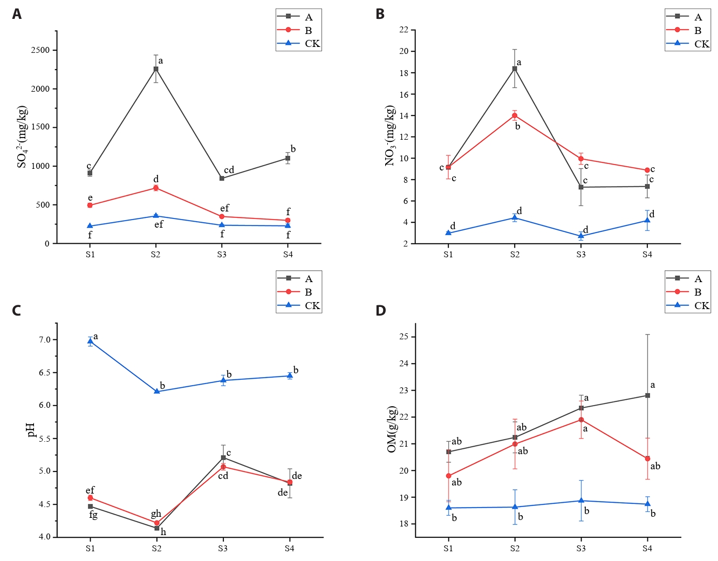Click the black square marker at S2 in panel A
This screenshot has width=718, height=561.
coord(156,69)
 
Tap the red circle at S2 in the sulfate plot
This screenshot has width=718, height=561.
coord(156,188)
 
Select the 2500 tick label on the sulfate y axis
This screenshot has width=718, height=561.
coord(40,50)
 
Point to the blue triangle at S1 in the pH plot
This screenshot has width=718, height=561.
coord(90,341)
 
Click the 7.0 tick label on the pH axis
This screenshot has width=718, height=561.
coord(45,340)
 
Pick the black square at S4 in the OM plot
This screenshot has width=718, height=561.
coord(647,395)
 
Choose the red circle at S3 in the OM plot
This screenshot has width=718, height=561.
coord(581,420)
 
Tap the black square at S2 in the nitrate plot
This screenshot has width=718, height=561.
coord(515,69)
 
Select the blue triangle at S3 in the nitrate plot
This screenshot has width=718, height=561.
coord(581,236)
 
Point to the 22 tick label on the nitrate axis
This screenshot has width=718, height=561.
coord(404,30)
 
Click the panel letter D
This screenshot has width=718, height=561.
coord(381,311)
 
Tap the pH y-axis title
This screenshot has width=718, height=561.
coord(31,430)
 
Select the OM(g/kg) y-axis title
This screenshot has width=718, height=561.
coord(392,430)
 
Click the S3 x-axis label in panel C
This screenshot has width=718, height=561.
coord(223,549)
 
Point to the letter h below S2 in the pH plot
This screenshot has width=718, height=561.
coord(163,532)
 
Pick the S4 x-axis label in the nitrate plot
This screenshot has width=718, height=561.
coord(647,255)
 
